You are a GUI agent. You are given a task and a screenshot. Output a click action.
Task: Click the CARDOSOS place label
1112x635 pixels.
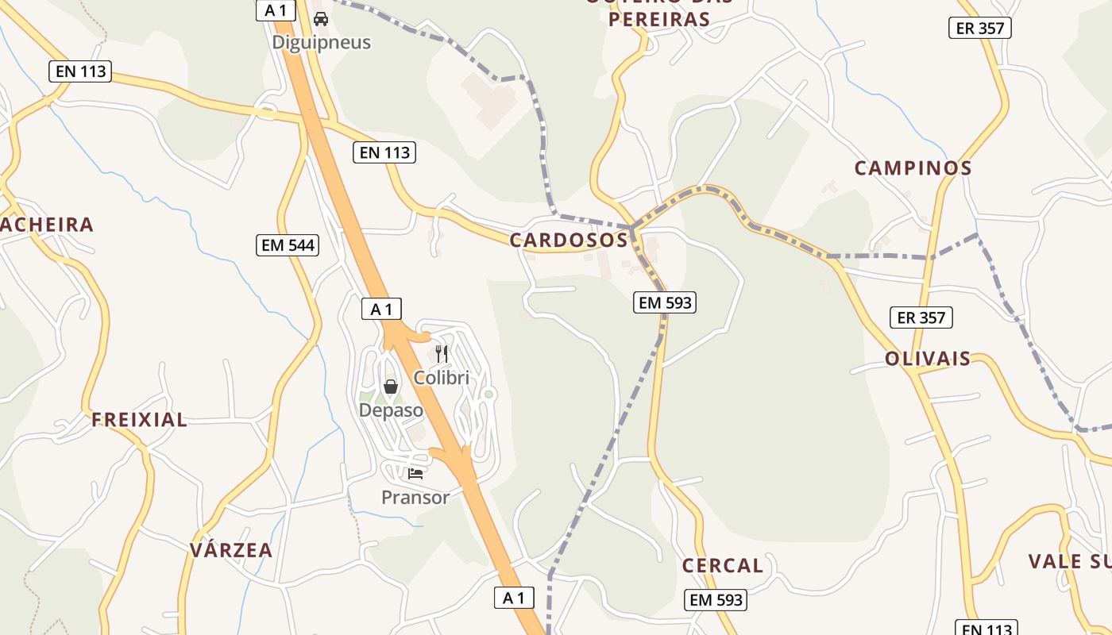click(569, 240)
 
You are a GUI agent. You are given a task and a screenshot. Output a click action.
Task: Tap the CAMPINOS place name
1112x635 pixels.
click(913, 168)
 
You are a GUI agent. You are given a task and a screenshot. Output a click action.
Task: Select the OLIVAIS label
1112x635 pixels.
click(928, 359)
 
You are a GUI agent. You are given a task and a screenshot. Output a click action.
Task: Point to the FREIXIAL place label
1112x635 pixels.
click(139, 420)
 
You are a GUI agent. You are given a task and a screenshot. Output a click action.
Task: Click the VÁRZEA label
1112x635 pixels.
click(231, 550)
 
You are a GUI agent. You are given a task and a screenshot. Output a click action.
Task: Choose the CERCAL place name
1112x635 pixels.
click(722, 566)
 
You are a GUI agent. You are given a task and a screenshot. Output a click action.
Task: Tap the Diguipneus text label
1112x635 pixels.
click(321, 42)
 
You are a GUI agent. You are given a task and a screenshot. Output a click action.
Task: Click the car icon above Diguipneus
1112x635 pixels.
click(321, 18)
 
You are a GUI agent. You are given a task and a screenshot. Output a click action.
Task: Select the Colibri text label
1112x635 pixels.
click(442, 378)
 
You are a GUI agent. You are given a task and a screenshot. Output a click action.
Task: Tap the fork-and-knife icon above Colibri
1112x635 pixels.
click(442, 353)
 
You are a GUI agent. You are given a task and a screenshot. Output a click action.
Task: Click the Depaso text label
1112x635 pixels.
click(391, 410)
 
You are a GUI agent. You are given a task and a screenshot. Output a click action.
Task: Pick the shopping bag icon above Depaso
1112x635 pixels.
click(391, 387)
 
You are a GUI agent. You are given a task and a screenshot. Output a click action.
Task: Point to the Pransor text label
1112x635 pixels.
click(415, 498)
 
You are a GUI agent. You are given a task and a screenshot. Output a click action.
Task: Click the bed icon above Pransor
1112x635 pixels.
click(415, 474)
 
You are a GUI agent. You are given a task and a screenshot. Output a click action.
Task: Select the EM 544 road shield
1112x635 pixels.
click(288, 245)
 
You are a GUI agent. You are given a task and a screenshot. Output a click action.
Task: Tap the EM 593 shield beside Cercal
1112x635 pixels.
click(716, 600)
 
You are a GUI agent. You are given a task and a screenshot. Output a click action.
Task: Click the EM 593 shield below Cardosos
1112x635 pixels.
click(664, 302)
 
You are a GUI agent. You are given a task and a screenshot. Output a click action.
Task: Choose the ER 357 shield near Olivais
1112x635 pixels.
click(921, 317)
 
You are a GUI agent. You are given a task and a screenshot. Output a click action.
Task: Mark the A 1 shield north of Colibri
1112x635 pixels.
click(381, 310)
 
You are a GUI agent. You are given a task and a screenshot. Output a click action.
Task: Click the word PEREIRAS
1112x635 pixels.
click(658, 19)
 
